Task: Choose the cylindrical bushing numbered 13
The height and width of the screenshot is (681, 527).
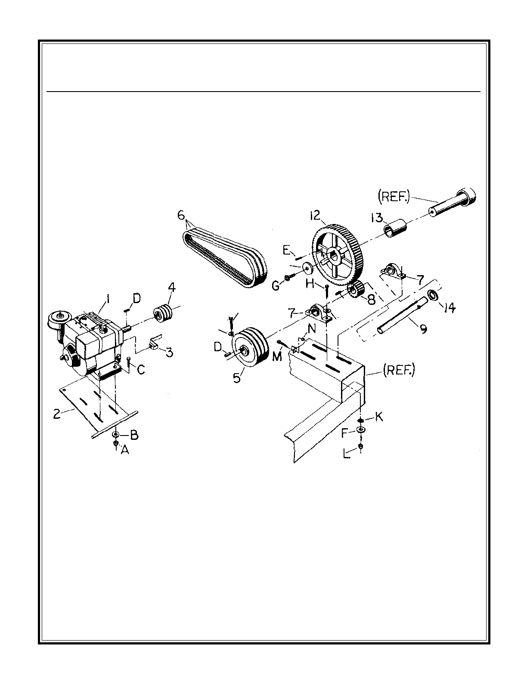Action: coord(395,228)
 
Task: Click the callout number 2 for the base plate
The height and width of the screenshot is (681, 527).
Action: coord(56,414)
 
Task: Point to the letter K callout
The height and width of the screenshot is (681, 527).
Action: coord(379,417)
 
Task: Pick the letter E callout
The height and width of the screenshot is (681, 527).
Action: coord(286,251)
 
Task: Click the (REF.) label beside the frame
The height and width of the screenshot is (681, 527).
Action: coord(398,370)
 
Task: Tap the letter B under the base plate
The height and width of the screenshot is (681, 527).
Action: coord(134,435)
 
